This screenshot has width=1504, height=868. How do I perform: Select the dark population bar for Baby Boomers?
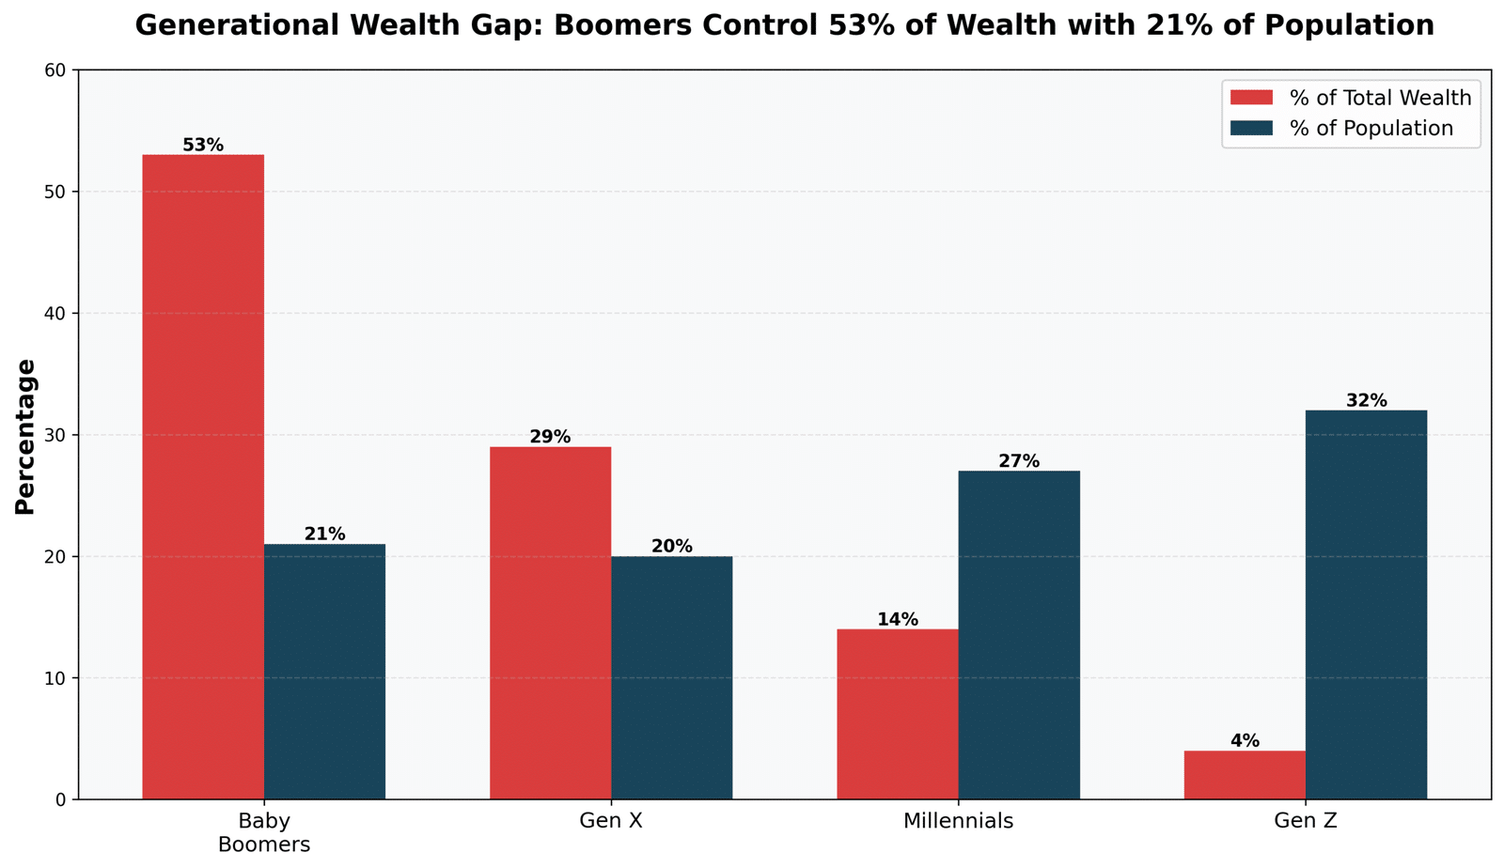click(x=324, y=672)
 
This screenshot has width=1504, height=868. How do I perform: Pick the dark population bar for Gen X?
click(x=671, y=677)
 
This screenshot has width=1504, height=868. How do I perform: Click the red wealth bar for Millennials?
click(x=897, y=714)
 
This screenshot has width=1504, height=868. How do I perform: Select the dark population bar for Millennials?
click(x=1019, y=635)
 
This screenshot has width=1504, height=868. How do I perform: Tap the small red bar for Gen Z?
click(x=1245, y=775)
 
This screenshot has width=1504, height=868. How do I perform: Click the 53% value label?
click(x=203, y=146)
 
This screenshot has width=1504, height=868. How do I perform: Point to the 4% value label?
click(x=1245, y=741)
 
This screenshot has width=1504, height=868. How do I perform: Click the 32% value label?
click(x=1366, y=401)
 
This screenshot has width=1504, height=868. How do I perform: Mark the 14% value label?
click(x=898, y=620)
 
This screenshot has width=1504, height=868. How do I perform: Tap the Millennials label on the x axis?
click(x=958, y=822)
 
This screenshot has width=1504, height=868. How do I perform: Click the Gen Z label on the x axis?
click(x=1306, y=822)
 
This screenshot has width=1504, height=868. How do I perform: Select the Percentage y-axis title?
click(x=25, y=436)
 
